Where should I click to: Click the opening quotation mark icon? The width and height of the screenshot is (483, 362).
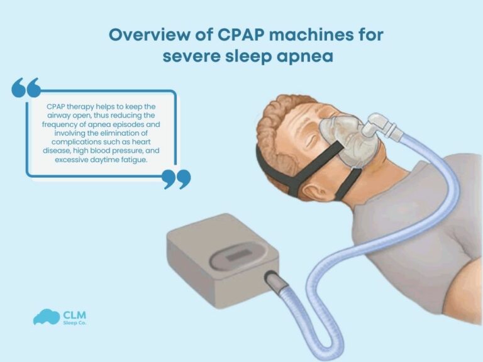tap(26, 88)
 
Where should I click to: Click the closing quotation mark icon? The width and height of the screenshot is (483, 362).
tap(176, 178)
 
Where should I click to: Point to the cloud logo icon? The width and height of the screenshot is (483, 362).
tap(45, 316)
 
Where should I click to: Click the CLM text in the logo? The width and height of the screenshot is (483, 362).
tap(75, 314)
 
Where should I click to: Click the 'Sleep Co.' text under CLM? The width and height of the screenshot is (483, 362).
tap(75, 324)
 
